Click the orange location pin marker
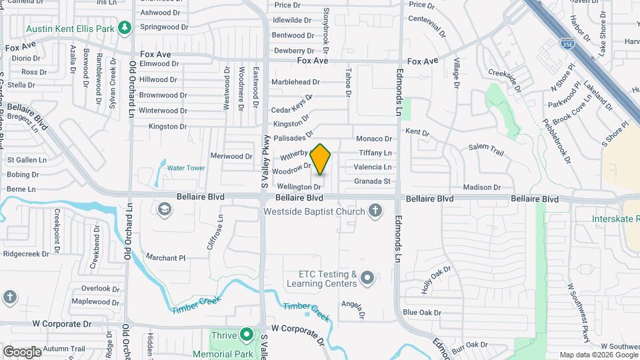tap(321, 159)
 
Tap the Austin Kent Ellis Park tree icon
tap(123, 27)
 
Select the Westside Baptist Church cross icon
tap(375, 211)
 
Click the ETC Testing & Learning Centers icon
tap(367, 279)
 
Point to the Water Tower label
tap(186, 168)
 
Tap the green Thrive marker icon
tap(247, 334)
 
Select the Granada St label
tap(372, 181)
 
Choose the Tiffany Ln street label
tap(375, 153)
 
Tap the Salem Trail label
tap(485, 149)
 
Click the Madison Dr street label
tap(477, 188)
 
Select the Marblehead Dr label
tap(295, 82)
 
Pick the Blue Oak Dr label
tap(422, 313)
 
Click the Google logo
tap(22, 351)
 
